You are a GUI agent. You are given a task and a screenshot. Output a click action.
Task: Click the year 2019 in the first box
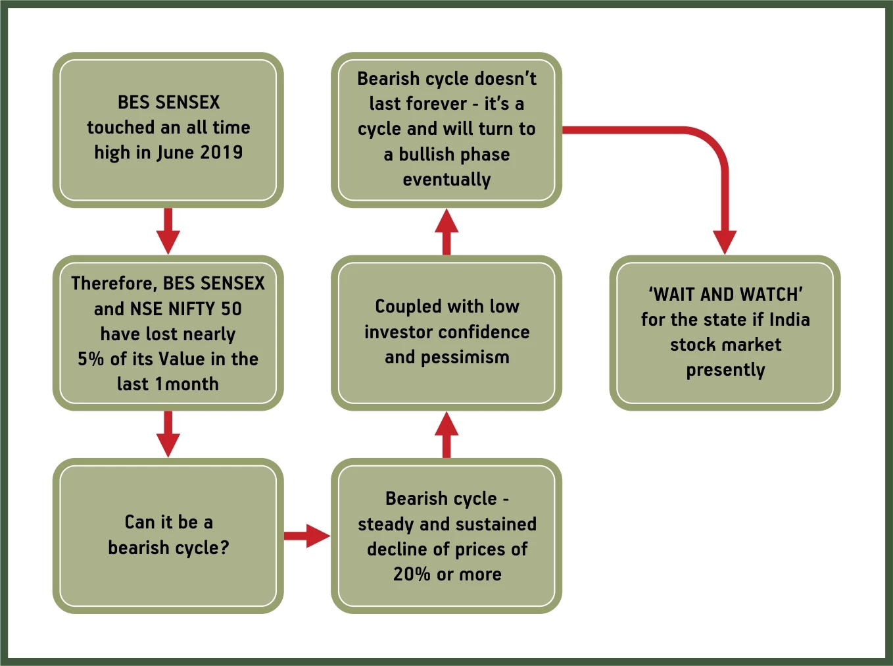[222, 152]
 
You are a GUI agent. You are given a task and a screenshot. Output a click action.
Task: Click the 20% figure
[412, 575]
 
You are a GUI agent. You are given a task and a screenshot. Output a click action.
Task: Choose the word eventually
[446, 180]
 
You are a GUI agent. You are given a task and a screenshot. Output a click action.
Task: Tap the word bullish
[426, 154]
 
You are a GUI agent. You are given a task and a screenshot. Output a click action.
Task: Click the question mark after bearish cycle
[224, 548]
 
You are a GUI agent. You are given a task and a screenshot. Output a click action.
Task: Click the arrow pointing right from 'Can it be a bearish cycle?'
[307, 536]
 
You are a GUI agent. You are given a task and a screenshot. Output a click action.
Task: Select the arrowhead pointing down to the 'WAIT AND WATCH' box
[725, 242]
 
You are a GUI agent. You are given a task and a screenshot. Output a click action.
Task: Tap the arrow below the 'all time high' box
[168, 231]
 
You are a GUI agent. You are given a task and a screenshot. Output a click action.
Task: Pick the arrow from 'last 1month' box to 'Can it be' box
[168, 434]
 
